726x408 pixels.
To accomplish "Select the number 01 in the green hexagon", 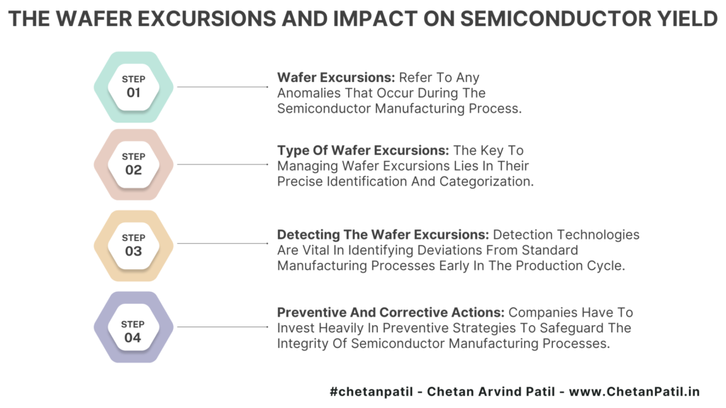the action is pyautogui.click(x=133, y=93).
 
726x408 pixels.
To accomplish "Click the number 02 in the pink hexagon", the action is pyautogui.click(x=133, y=170).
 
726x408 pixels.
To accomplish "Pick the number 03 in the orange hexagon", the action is pyautogui.click(x=133, y=251).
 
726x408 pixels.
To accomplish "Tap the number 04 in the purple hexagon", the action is pyautogui.click(x=133, y=338).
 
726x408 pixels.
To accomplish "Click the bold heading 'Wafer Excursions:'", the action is pyautogui.click(x=336, y=77).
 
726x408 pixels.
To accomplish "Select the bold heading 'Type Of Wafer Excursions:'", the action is pyautogui.click(x=363, y=150).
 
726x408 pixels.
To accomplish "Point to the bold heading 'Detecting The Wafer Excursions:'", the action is pyautogui.click(x=383, y=234).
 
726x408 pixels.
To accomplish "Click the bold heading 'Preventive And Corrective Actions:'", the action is pyautogui.click(x=391, y=312).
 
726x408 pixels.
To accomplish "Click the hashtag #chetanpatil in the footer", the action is pyautogui.click(x=372, y=392).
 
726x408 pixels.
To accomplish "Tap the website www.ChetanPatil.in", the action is pyautogui.click(x=635, y=392).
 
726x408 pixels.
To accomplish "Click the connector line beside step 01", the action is pyautogui.click(x=223, y=87).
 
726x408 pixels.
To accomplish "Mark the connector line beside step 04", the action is pyautogui.click(x=223, y=327).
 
